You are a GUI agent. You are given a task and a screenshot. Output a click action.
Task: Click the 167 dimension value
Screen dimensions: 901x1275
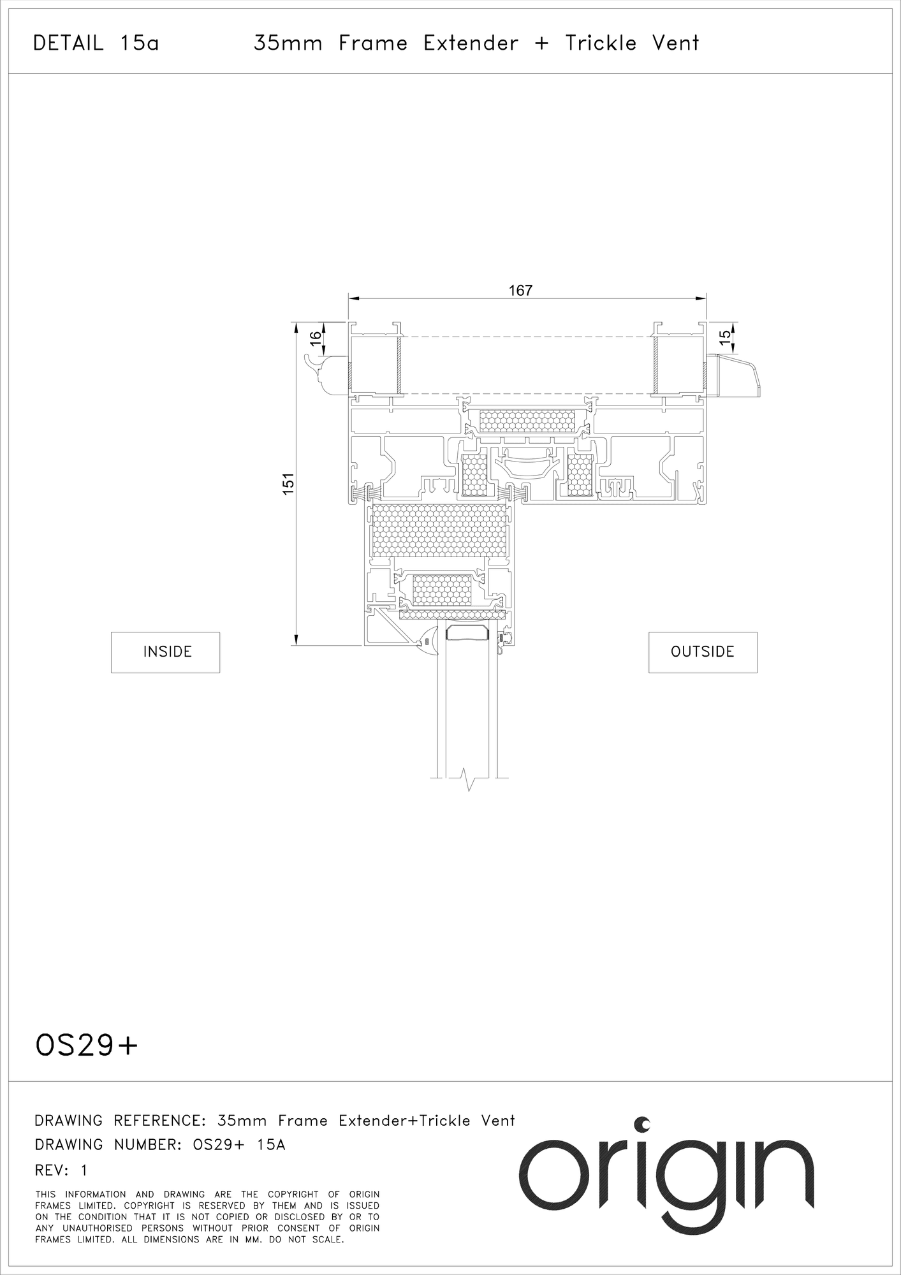pos(520,290)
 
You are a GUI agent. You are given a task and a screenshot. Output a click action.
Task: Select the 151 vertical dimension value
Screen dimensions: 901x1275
pos(288,483)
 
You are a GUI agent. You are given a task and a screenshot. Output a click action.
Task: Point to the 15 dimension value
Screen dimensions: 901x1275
pos(724,335)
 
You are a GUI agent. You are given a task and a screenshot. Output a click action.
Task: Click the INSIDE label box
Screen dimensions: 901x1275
pos(165,652)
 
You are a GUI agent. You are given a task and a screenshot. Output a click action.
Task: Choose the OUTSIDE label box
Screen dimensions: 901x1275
pos(703,652)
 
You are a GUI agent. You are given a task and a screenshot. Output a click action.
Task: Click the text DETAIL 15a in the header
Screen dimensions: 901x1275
pos(96,43)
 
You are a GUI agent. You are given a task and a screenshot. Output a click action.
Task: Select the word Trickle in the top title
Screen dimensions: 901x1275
pos(601,43)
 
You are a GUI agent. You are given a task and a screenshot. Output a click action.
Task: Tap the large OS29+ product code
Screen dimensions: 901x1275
pos(87,1046)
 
